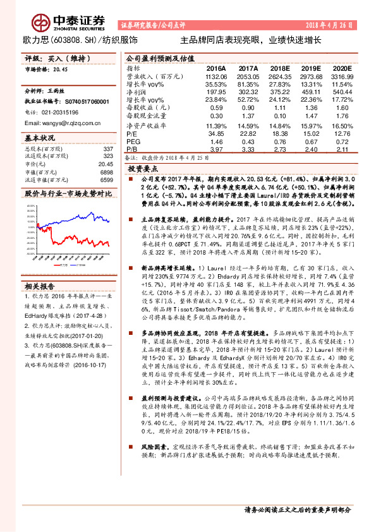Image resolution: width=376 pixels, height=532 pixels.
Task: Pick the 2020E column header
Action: (342, 68)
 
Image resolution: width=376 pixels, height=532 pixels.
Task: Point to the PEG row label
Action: (133, 142)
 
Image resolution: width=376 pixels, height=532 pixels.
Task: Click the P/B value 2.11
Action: (342, 149)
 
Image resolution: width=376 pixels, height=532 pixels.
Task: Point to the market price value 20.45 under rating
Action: (61, 70)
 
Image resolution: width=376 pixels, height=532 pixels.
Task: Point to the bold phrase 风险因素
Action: (148, 480)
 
